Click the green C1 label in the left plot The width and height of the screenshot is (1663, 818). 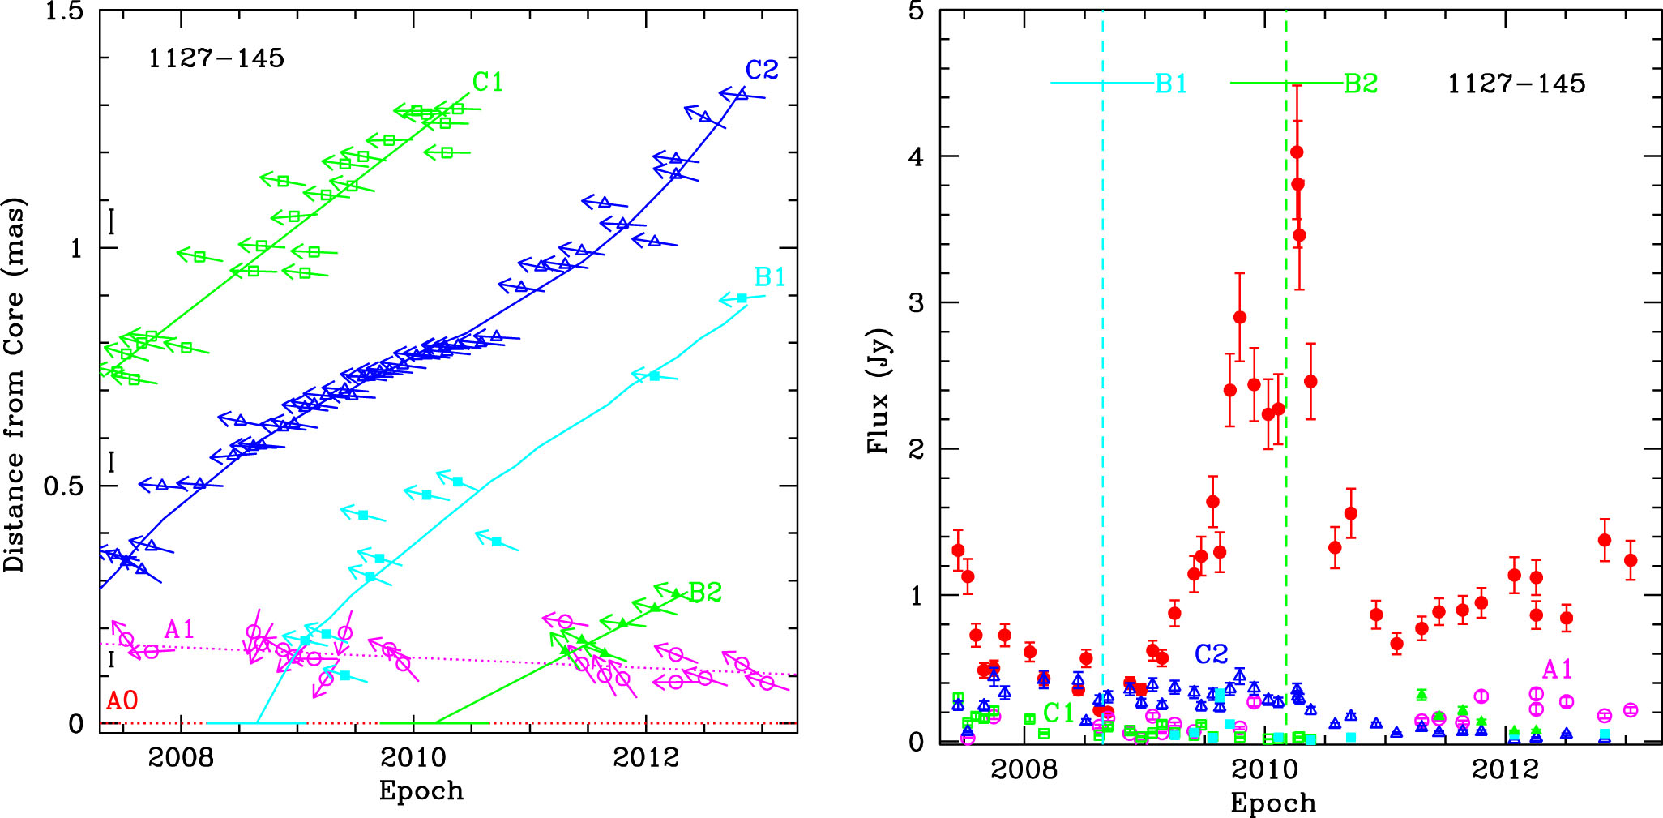point(488,82)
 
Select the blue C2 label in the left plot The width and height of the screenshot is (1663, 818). point(762,71)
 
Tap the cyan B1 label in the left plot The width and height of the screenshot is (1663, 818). point(770,277)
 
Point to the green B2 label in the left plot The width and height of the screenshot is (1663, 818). point(705,593)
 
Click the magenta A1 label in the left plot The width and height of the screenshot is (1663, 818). point(180,629)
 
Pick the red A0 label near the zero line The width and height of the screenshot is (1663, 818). point(122,701)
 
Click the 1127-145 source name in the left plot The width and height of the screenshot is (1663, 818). point(216,58)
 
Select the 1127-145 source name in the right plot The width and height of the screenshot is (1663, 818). point(1516,84)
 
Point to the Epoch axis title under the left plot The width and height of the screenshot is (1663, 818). point(421,790)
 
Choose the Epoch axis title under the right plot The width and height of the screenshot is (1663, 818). point(1273,803)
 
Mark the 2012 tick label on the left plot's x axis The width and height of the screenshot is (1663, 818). point(646,758)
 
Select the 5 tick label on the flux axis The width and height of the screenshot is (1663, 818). point(919,13)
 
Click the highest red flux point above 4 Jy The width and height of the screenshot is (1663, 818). point(1297,152)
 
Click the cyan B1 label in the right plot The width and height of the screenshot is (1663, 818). point(1171,84)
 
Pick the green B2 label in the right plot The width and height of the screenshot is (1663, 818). point(1361,84)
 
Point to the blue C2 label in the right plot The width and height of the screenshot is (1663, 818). point(1211,653)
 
